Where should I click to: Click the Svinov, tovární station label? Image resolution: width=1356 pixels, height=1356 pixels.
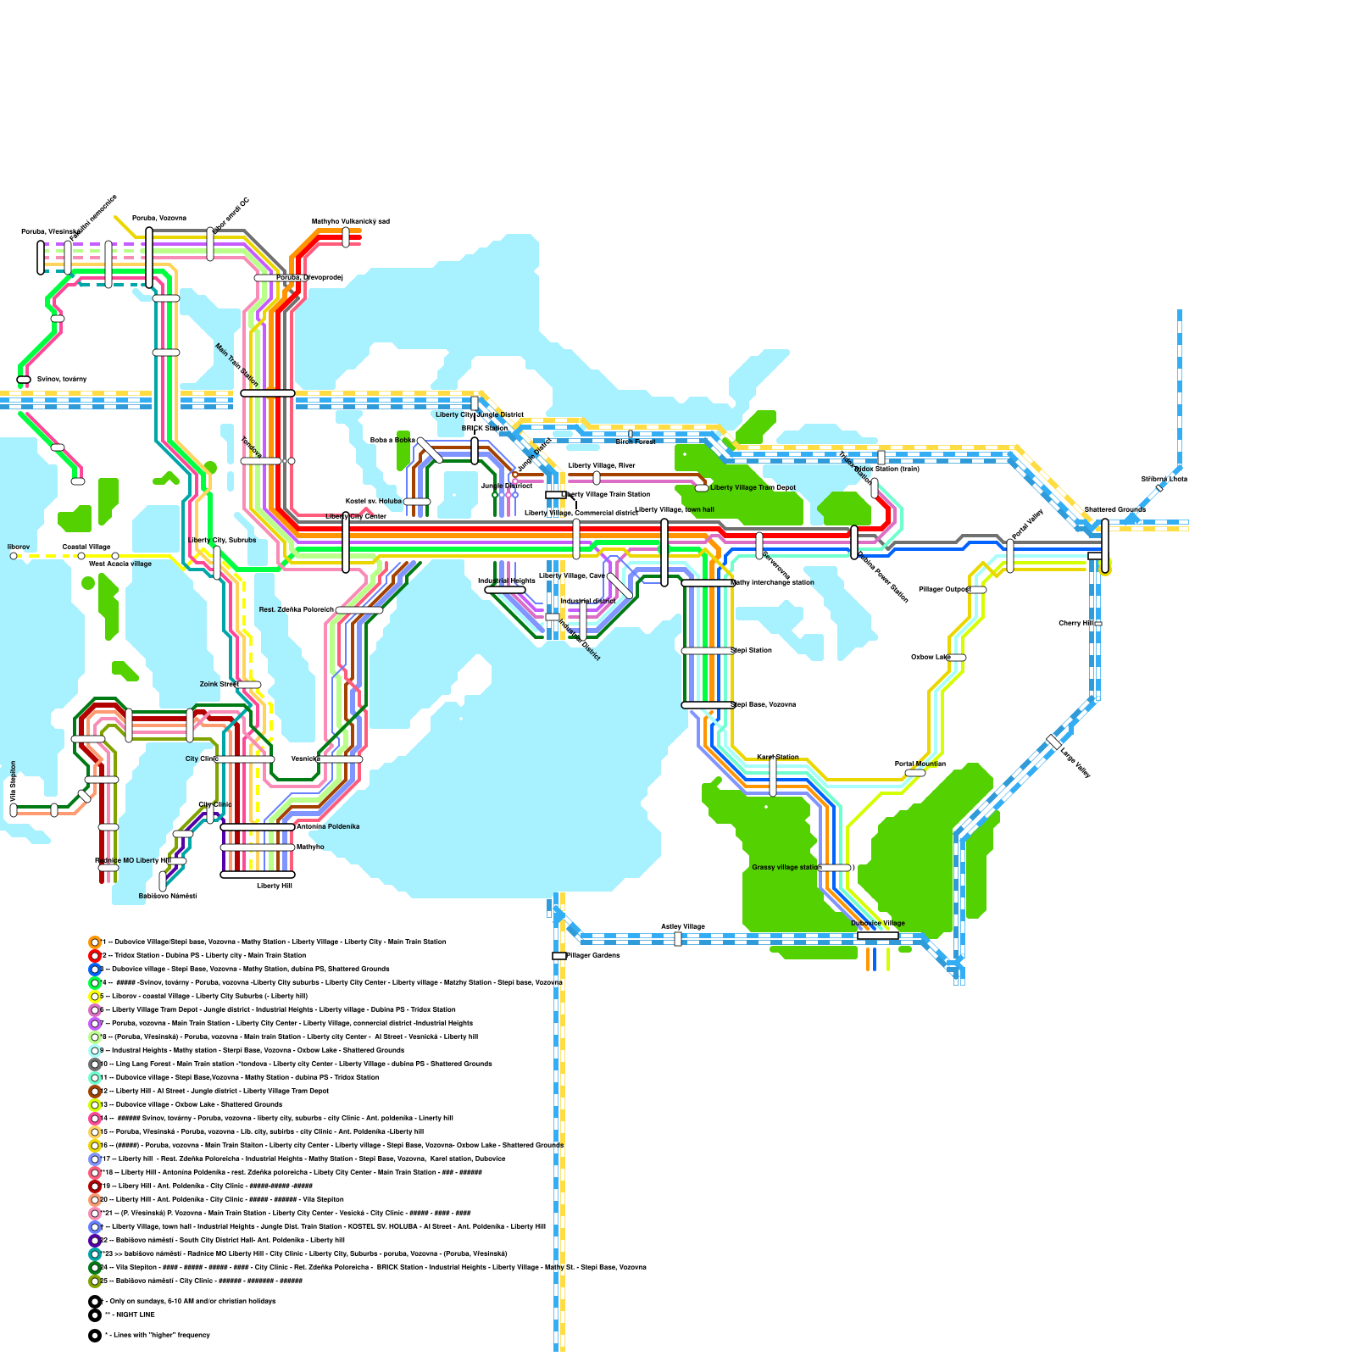click(62, 379)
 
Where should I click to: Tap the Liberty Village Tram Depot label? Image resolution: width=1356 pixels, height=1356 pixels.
click(753, 487)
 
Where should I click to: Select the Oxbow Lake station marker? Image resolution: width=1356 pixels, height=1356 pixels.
click(957, 658)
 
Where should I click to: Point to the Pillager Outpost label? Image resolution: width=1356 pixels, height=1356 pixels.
click(943, 589)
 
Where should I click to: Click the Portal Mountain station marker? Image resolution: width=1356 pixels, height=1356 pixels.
click(915, 773)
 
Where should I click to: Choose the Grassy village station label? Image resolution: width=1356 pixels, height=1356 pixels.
click(786, 867)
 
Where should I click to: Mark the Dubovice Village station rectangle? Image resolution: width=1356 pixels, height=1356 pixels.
click(878, 936)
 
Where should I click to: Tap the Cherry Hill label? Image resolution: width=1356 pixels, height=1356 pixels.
click(1075, 623)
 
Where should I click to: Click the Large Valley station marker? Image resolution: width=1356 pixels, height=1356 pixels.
click(1053, 741)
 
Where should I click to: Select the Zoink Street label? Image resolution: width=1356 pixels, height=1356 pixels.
click(219, 684)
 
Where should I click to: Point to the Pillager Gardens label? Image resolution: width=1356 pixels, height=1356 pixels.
click(593, 955)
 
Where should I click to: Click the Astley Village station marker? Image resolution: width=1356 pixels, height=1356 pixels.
click(678, 939)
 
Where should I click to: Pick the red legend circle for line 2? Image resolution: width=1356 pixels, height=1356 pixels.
click(95, 955)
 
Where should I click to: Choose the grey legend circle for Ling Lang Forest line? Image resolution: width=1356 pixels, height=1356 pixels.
click(95, 1064)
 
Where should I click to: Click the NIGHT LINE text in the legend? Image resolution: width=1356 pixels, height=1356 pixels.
click(136, 1314)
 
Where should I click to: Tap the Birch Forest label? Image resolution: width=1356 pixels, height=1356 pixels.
click(636, 442)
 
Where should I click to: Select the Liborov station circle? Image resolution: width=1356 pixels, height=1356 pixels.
click(14, 556)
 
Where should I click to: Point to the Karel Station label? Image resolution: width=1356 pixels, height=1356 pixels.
click(777, 757)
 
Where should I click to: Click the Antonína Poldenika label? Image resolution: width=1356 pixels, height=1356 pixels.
click(328, 826)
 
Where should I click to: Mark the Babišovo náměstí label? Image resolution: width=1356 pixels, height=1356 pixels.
click(168, 895)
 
